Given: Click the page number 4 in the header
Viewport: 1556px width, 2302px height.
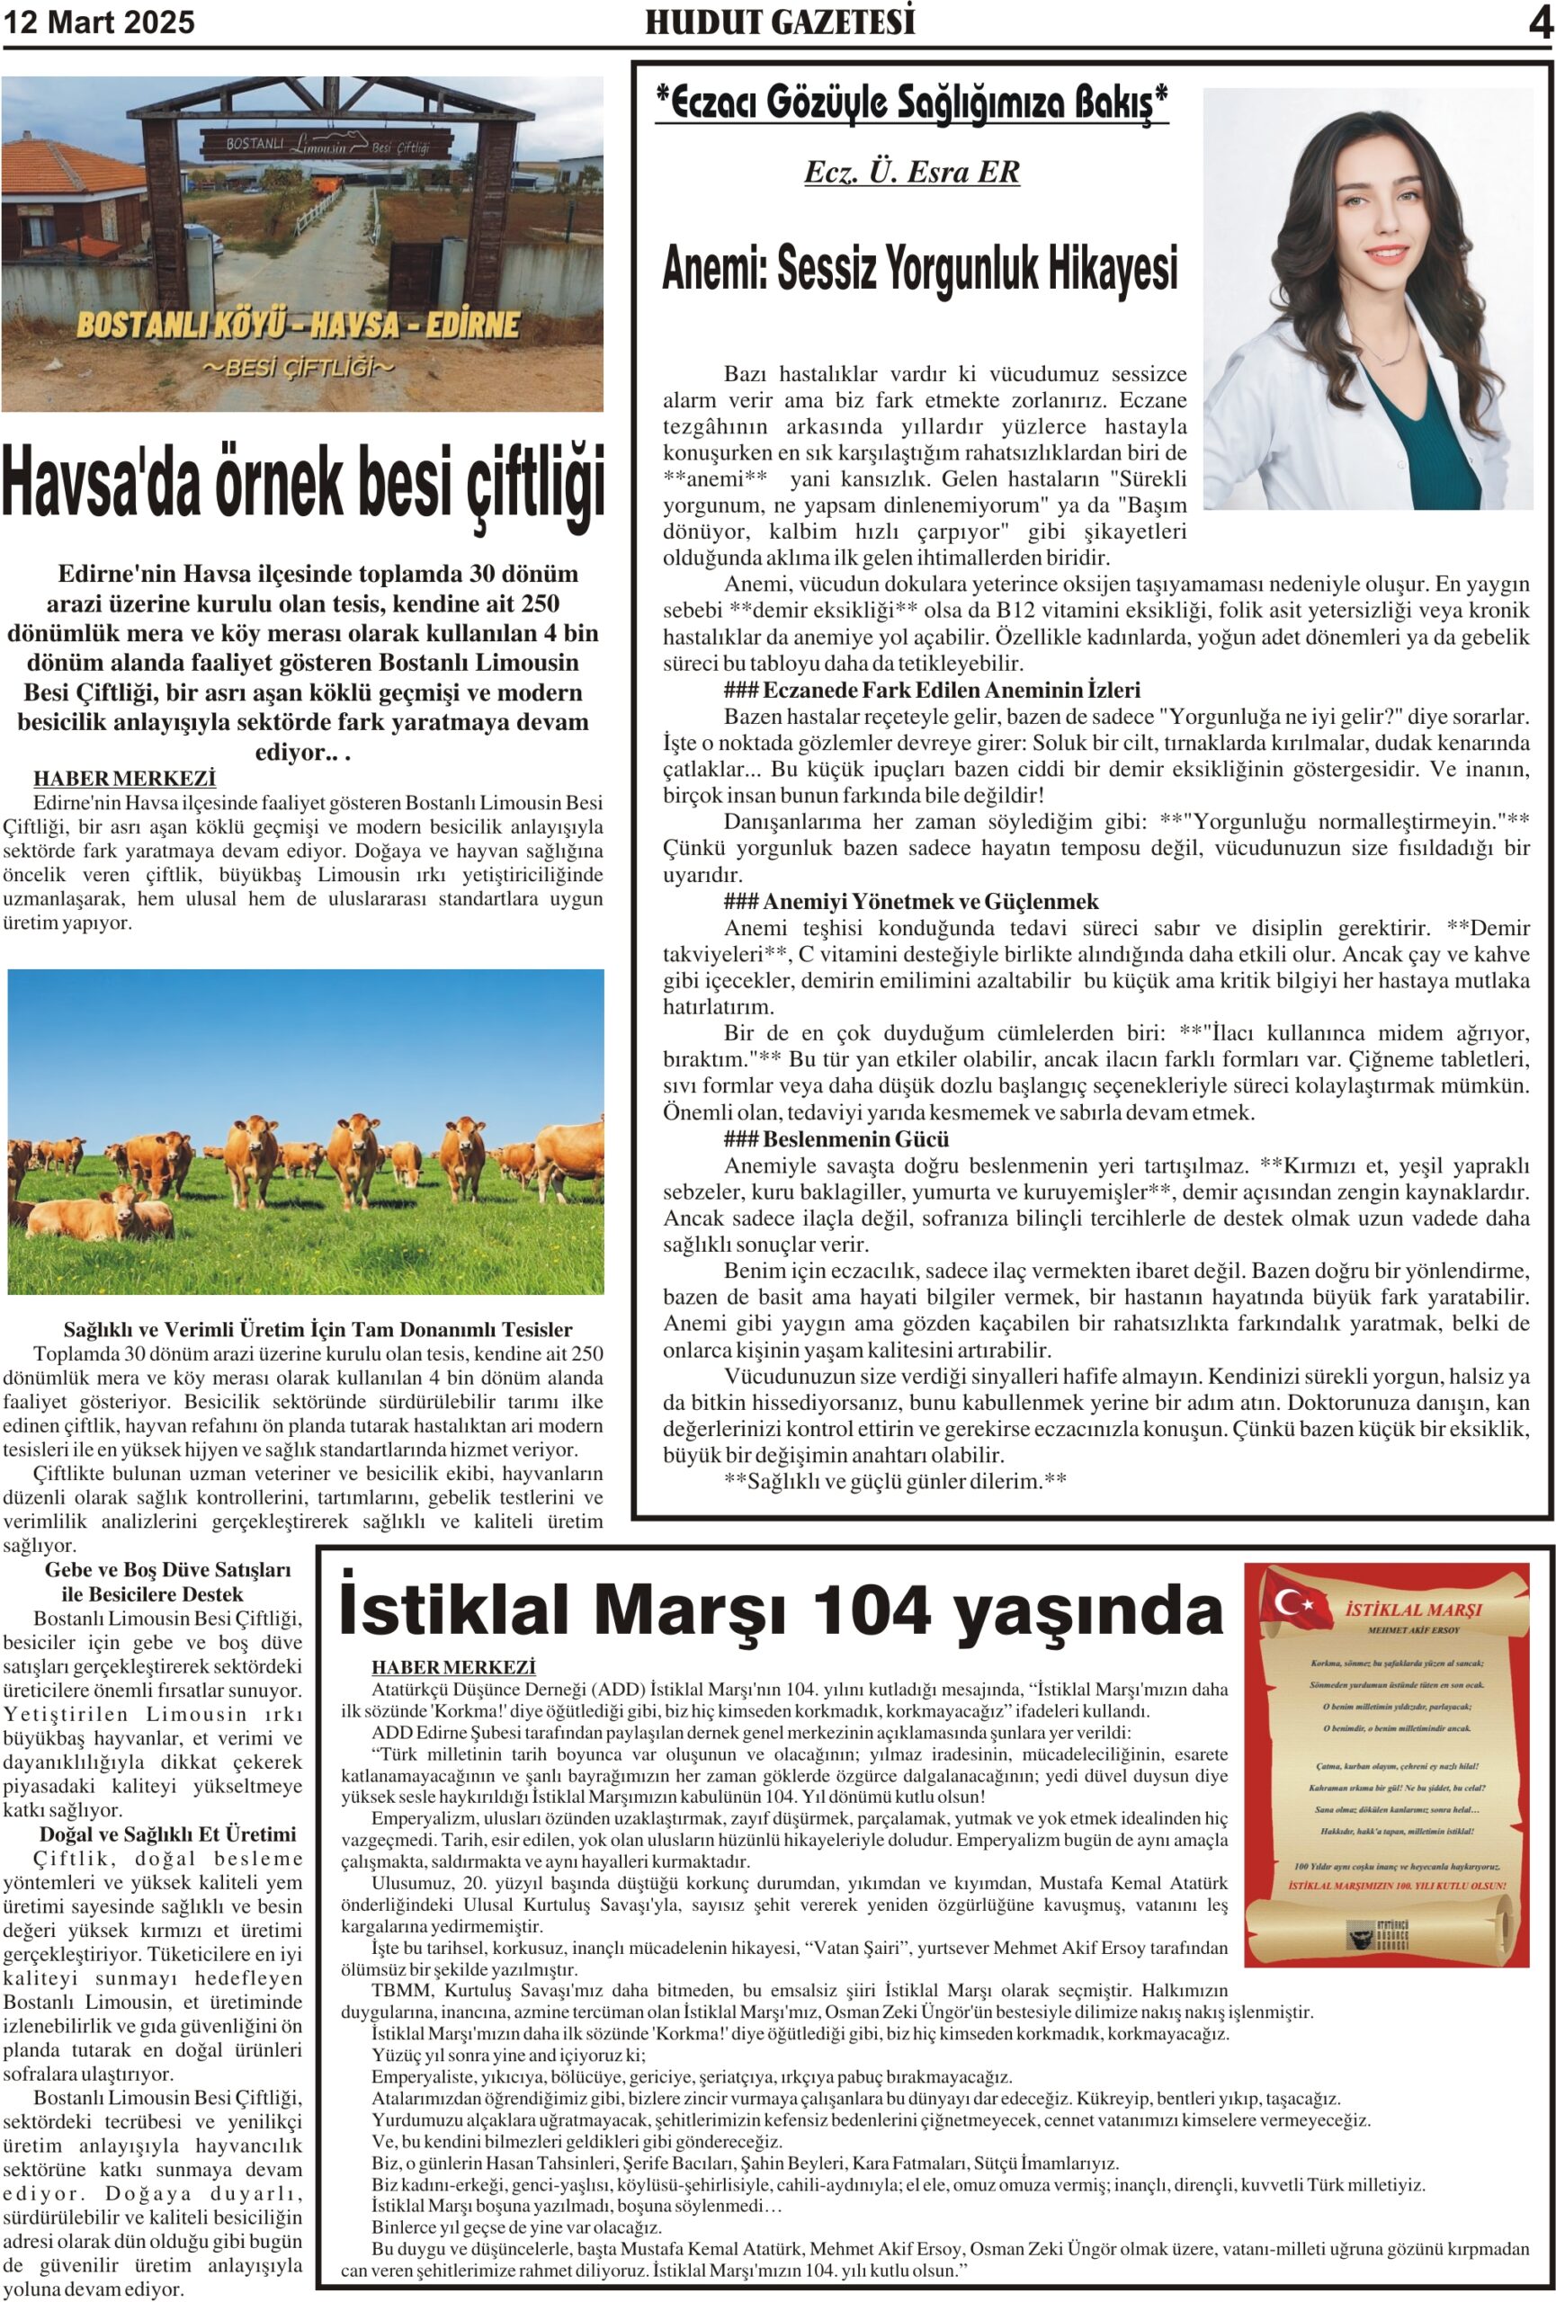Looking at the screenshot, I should [x=1539, y=22].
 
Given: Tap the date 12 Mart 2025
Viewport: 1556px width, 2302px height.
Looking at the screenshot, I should [x=99, y=22].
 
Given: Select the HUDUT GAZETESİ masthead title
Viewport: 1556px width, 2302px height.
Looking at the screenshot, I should [x=780, y=22].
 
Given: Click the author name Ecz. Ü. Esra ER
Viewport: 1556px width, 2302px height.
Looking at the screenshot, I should [x=911, y=173].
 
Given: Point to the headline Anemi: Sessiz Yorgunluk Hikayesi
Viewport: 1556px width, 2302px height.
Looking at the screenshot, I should [x=920, y=269].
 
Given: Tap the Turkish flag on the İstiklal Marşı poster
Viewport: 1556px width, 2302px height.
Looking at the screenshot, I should [x=1292, y=1599].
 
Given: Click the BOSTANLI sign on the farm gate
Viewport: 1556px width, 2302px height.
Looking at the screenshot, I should [x=255, y=145].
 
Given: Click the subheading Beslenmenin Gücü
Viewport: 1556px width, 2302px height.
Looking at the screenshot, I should [x=854, y=1139].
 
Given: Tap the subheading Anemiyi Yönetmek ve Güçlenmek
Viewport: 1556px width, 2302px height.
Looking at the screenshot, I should [x=930, y=901].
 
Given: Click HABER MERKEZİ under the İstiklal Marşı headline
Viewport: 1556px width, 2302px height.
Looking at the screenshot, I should [x=453, y=1668].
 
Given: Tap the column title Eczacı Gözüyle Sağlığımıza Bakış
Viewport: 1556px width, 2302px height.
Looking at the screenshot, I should [x=911, y=102].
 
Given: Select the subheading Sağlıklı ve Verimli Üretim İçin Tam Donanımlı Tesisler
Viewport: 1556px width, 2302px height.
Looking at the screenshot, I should [x=317, y=1329].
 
